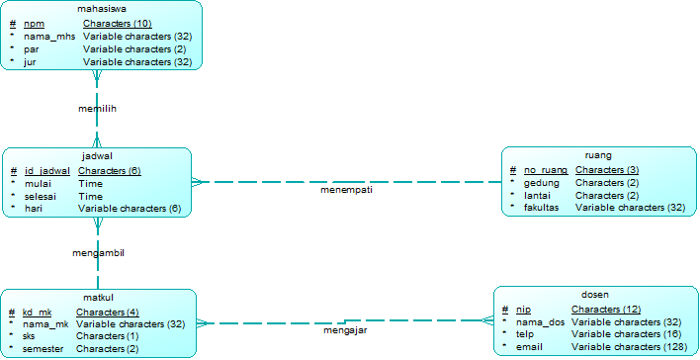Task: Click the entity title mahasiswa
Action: click(x=102, y=9)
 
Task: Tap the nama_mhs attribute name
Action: click(x=49, y=36)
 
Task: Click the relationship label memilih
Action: click(x=97, y=109)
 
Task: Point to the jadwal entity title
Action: click(x=97, y=156)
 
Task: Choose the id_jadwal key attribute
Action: click(x=47, y=170)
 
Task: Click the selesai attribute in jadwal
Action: click(x=41, y=196)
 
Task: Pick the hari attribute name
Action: click(x=33, y=209)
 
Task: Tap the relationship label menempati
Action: click(x=346, y=190)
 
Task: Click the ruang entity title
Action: click(x=598, y=155)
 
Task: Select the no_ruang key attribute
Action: click(x=546, y=170)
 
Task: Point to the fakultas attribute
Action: click(x=542, y=208)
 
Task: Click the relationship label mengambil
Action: click(x=98, y=253)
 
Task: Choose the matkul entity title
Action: click(x=97, y=298)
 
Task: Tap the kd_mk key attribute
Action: click(x=37, y=312)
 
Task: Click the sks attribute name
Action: click(x=29, y=336)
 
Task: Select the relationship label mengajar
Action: click(x=346, y=330)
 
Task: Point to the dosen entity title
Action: click(x=595, y=295)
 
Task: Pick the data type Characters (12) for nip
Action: click(x=606, y=310)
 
